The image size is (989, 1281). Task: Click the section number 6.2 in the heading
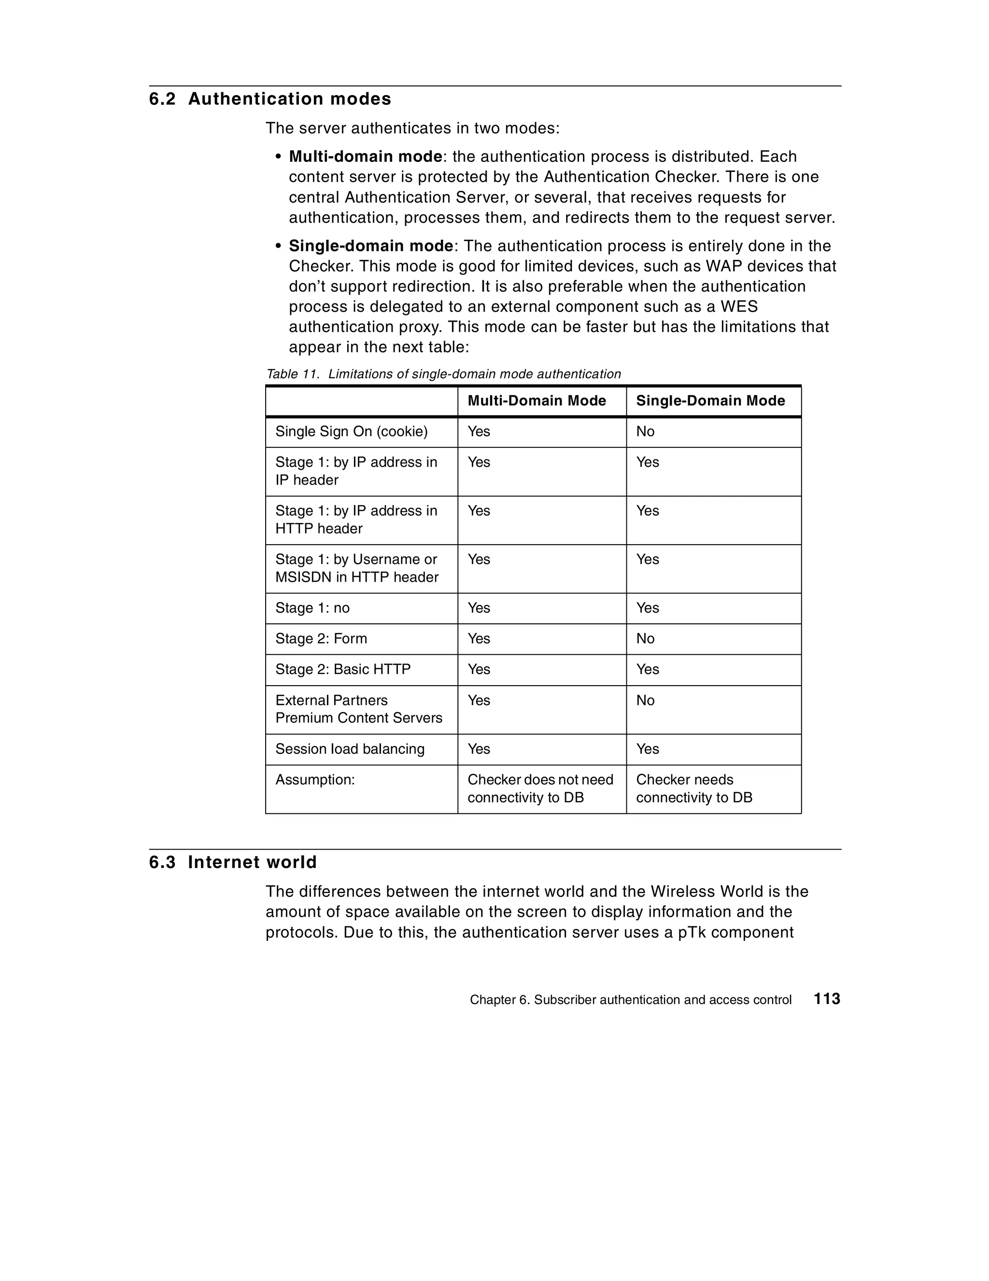click(x=162, y=99)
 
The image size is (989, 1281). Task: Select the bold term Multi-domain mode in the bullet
click(x=365, y=157)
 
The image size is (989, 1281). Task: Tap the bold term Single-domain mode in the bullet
click(x=370, y=246)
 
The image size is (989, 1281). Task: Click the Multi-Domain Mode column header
click(x=537, y=401)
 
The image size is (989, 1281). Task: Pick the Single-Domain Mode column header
click(x=710, y=401)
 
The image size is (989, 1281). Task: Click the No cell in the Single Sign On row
click(x=645, y=432)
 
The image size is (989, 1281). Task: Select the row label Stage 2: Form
click(x=321, y=639)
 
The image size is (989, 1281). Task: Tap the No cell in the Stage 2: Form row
click(x=645, y=639)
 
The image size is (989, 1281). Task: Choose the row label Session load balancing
click(x=350, y=749)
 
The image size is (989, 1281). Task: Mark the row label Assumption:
click(x=315, y=779)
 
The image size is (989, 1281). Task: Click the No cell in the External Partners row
click(x=645, y=700)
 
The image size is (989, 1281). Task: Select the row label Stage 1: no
click(x=312, y=608)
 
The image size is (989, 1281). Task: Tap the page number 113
click(x=827, y=999)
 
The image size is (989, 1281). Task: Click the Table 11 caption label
click(x=293, y=374)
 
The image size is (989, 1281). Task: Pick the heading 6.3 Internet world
click(x=233, y=862)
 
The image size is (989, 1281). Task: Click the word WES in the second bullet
click(x=739, y=307)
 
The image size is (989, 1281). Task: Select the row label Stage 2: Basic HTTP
click(x=343, y=669)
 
